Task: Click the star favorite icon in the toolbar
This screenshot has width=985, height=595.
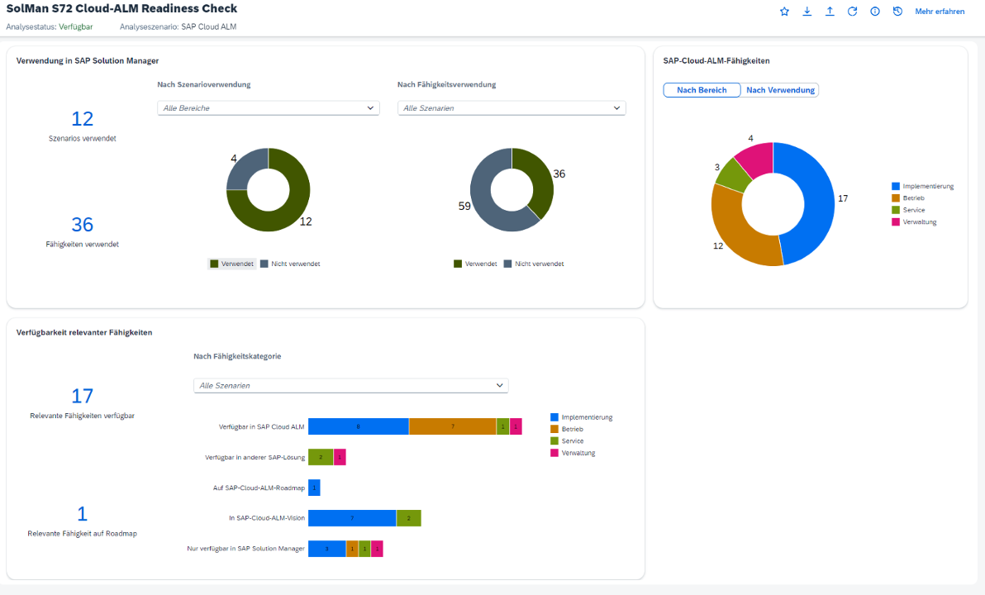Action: [784, 12]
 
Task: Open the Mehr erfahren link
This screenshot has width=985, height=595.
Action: [940, 12]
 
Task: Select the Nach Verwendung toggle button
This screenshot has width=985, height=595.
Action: [779, 90]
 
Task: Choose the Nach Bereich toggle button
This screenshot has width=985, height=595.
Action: [702, 90]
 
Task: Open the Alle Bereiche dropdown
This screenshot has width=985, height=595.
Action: [269, 108]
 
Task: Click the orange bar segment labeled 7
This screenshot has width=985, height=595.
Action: [452, 426]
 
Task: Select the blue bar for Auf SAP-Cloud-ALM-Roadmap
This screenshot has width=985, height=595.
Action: [314, 488]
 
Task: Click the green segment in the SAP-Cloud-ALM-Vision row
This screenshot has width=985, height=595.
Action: [408, 518]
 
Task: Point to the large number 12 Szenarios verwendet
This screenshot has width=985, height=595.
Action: [83, 119]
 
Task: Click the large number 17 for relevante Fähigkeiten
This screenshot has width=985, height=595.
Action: [83, 396]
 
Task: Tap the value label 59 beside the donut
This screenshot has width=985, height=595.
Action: [464, 206]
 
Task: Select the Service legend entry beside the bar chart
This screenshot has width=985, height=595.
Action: [572, 441]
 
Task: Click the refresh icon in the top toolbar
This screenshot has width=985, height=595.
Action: [852, 12]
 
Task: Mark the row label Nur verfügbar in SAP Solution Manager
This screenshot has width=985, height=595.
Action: [246, 548]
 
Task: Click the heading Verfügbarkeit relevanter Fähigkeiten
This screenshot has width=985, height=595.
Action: [84, 332]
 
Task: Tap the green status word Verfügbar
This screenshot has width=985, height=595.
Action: [76, 26]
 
